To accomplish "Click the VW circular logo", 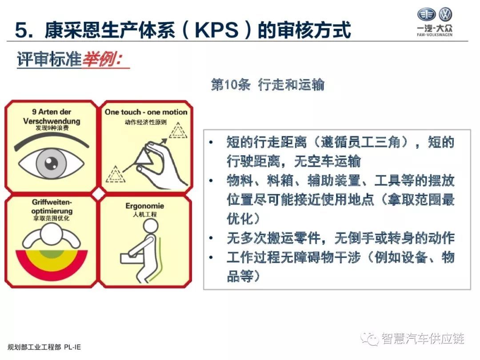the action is tap(445, 14).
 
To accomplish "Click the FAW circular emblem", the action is tap(426, 14).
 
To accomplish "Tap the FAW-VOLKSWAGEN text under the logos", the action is tap(434, 35).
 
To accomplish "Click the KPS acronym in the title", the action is tap(216, 30).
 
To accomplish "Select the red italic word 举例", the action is tap(102, 59).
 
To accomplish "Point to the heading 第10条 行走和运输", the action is tap(268, 84).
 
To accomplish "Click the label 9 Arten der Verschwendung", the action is tap(52, 116).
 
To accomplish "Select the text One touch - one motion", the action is tap(146, 112).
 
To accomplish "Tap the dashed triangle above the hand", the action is tap(178, 130).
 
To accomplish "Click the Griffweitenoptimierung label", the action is tap(52, 206).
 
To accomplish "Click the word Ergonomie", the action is tap(144, 206).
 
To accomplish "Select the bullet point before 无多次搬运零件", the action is tap(211, 238).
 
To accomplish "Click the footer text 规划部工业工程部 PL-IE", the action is tap(44, 347).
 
